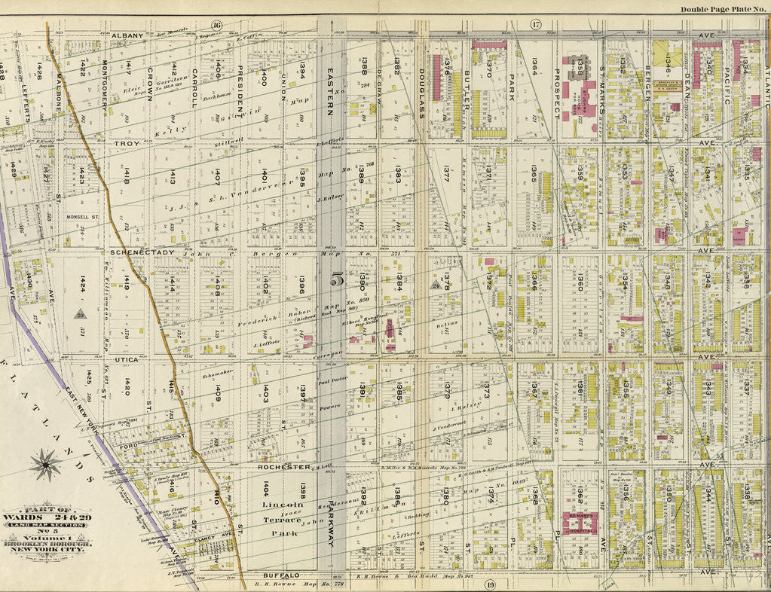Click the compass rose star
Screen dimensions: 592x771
click(x=46, y=464)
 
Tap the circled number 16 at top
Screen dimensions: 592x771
click(x=217, y=25)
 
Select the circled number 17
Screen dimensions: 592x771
click(x=536, y=25)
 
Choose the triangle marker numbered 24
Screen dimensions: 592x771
click(x=435, y=285)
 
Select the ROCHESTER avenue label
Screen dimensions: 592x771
click(x=284, y=467)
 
